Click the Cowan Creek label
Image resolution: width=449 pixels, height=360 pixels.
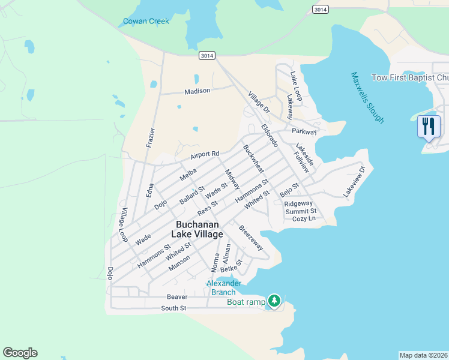tap(146, 22)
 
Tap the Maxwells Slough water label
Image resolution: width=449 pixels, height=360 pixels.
tap(367, 97)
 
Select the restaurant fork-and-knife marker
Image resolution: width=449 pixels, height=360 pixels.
tap(428, 127)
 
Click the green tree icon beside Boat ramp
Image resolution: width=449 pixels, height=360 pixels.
tap(274, 300)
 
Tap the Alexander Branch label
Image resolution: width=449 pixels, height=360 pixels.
tap(224, 287)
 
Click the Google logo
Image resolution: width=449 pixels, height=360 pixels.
tap(20, 353)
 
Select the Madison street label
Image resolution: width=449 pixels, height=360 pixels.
tap(197, 91)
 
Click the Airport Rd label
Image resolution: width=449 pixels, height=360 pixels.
tap(205, 155)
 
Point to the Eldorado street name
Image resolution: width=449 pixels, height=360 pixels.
tap(270, 136)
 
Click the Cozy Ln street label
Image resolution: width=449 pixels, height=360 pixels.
tap(303, 219)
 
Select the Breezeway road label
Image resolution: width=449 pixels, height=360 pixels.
tap(251, 238)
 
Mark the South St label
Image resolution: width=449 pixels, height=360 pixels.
tap(173, 308)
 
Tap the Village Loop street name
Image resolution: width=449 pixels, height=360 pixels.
tap(124, 225)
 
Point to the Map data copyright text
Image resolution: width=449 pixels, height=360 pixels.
tap(423, 355)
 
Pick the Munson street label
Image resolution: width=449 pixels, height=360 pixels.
tap(179, 263)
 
